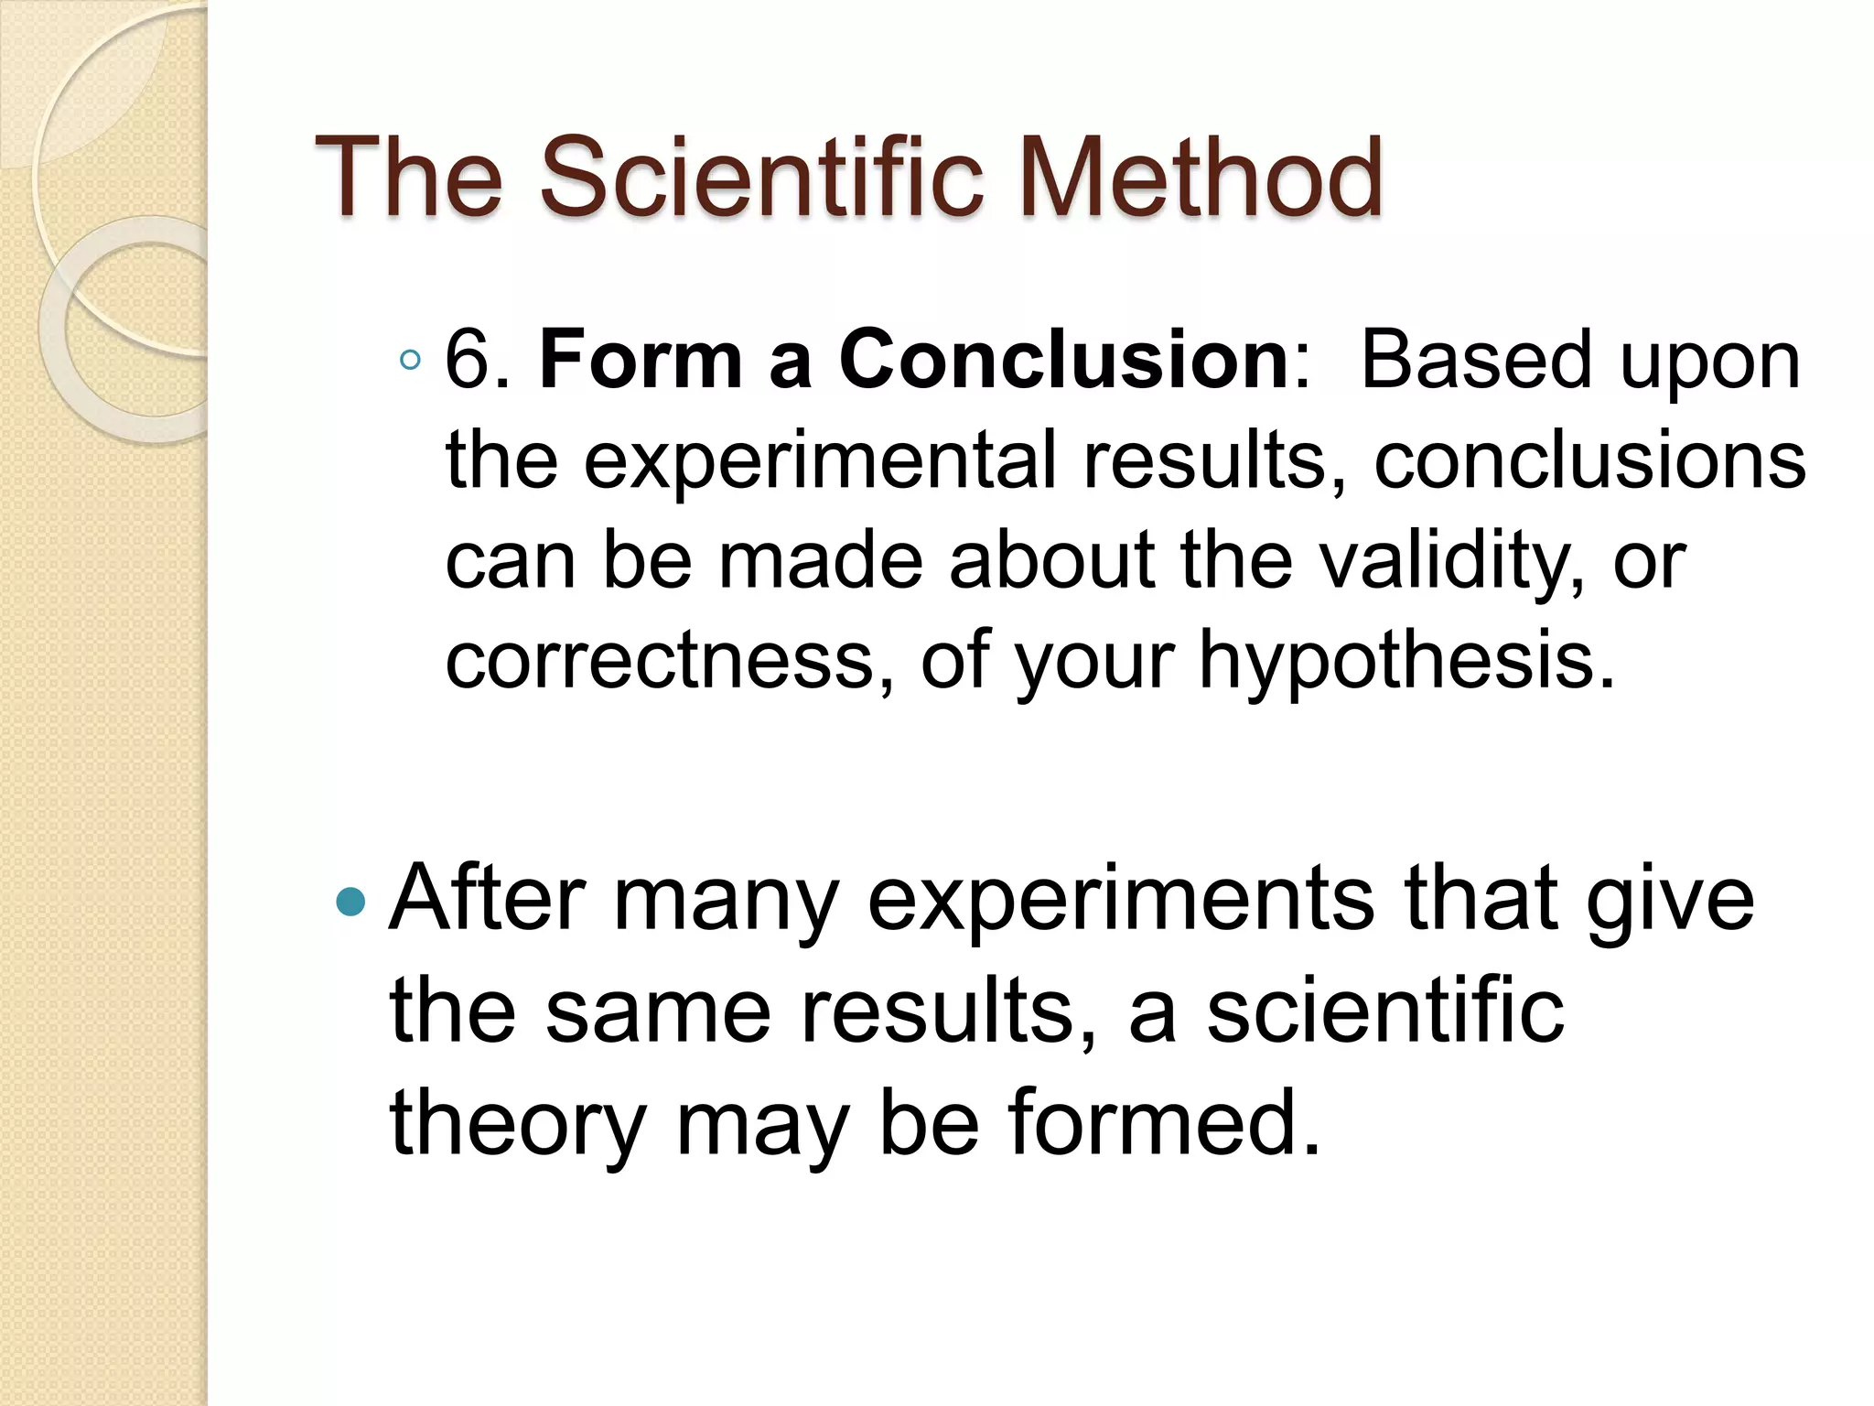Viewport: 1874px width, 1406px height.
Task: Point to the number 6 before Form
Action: pos(467,361)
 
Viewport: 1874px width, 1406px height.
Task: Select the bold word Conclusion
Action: pos(1064,361)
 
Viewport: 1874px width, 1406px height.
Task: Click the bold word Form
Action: pos(640,361)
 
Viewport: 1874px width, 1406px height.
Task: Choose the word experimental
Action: pos(819,461)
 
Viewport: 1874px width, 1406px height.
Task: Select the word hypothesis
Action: pos(1407,661)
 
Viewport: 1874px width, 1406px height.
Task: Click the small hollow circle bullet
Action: pos(410,361)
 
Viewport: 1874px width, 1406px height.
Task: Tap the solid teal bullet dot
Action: pos(350,903)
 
